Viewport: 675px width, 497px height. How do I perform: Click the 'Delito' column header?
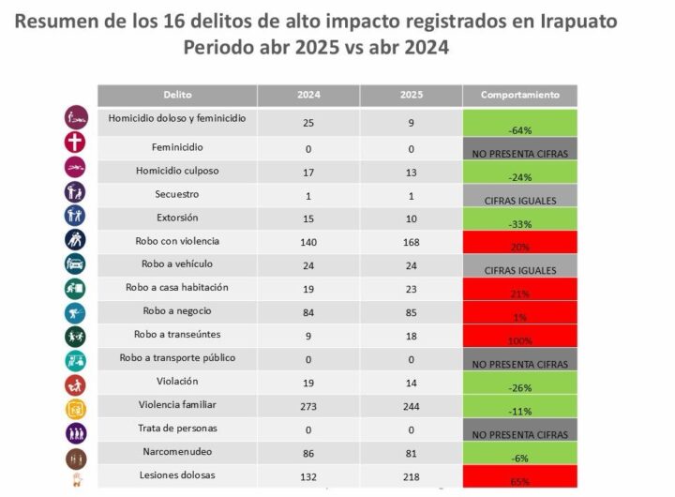[177, 95]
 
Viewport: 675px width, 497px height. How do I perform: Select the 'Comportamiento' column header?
[519, 95]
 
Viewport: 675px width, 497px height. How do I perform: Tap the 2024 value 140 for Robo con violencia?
[308, 242]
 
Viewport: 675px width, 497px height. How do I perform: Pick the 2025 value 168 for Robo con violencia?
[411, 242]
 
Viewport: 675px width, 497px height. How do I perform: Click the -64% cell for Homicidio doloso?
[519, 129]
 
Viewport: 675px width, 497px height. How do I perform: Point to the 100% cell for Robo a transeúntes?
[519, 340]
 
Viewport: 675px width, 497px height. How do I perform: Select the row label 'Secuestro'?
[177, 194]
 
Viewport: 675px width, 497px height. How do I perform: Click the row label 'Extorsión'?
[177, 218]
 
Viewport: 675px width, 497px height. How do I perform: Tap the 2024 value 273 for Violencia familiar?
[308, 407]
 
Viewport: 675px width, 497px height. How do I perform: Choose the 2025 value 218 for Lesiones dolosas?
[411, 477]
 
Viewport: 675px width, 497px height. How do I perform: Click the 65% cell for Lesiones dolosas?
[519, 481]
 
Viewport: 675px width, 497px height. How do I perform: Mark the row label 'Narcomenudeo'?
[177, 451]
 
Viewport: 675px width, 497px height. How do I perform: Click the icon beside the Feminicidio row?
[76, 143]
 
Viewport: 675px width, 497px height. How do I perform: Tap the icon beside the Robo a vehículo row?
[76, 264]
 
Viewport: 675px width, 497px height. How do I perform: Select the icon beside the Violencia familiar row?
[76, 409]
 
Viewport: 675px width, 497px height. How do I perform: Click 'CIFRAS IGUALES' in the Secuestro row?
[519, 200]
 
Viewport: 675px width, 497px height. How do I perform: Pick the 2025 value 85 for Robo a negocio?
[411, 312]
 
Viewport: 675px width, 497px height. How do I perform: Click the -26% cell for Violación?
[519, 387]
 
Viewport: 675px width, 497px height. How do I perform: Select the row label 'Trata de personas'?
[177, 428]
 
